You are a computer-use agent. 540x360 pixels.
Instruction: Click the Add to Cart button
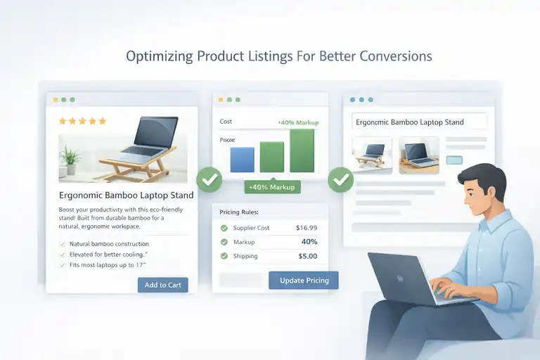point(162,285)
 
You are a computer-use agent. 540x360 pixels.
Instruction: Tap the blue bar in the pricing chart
point(241,160)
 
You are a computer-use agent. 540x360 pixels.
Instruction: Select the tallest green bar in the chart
point(302,150)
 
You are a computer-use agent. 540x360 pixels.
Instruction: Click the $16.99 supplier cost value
point(307,228)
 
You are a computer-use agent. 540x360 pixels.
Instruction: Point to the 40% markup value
point(309,242)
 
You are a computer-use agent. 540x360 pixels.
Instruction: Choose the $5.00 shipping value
point(307,256)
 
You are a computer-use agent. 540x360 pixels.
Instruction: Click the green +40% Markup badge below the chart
point(272,187)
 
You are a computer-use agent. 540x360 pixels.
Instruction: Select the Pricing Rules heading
point(239,212)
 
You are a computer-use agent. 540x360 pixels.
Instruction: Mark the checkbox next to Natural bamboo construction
point(63,244)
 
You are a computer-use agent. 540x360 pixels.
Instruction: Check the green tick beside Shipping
point(224,256)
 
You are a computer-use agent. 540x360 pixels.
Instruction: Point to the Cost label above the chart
point(226,122)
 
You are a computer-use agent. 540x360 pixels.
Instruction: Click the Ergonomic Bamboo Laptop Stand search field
point(419,122)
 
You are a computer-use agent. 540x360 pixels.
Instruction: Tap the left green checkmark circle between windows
point(209,179)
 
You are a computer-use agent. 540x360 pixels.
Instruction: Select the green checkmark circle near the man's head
point(341,179)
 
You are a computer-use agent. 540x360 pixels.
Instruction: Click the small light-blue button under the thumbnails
point(455,160)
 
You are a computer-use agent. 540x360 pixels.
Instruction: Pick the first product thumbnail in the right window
point(371,155)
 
